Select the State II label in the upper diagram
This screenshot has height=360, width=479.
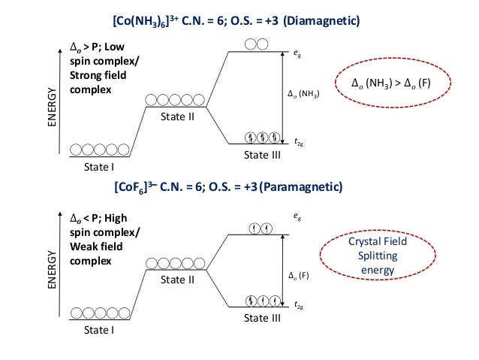[x=177, y=117]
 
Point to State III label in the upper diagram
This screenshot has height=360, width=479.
[x=262, y=154]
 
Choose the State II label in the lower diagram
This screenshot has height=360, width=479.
[x=177, y=279]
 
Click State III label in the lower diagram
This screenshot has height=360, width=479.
[x=262, y=318]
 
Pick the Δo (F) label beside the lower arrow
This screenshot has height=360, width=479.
[x=299, y=275]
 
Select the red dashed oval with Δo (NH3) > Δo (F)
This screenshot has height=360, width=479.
[x=394, y=83]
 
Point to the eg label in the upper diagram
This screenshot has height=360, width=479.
[x=297, y=53]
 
